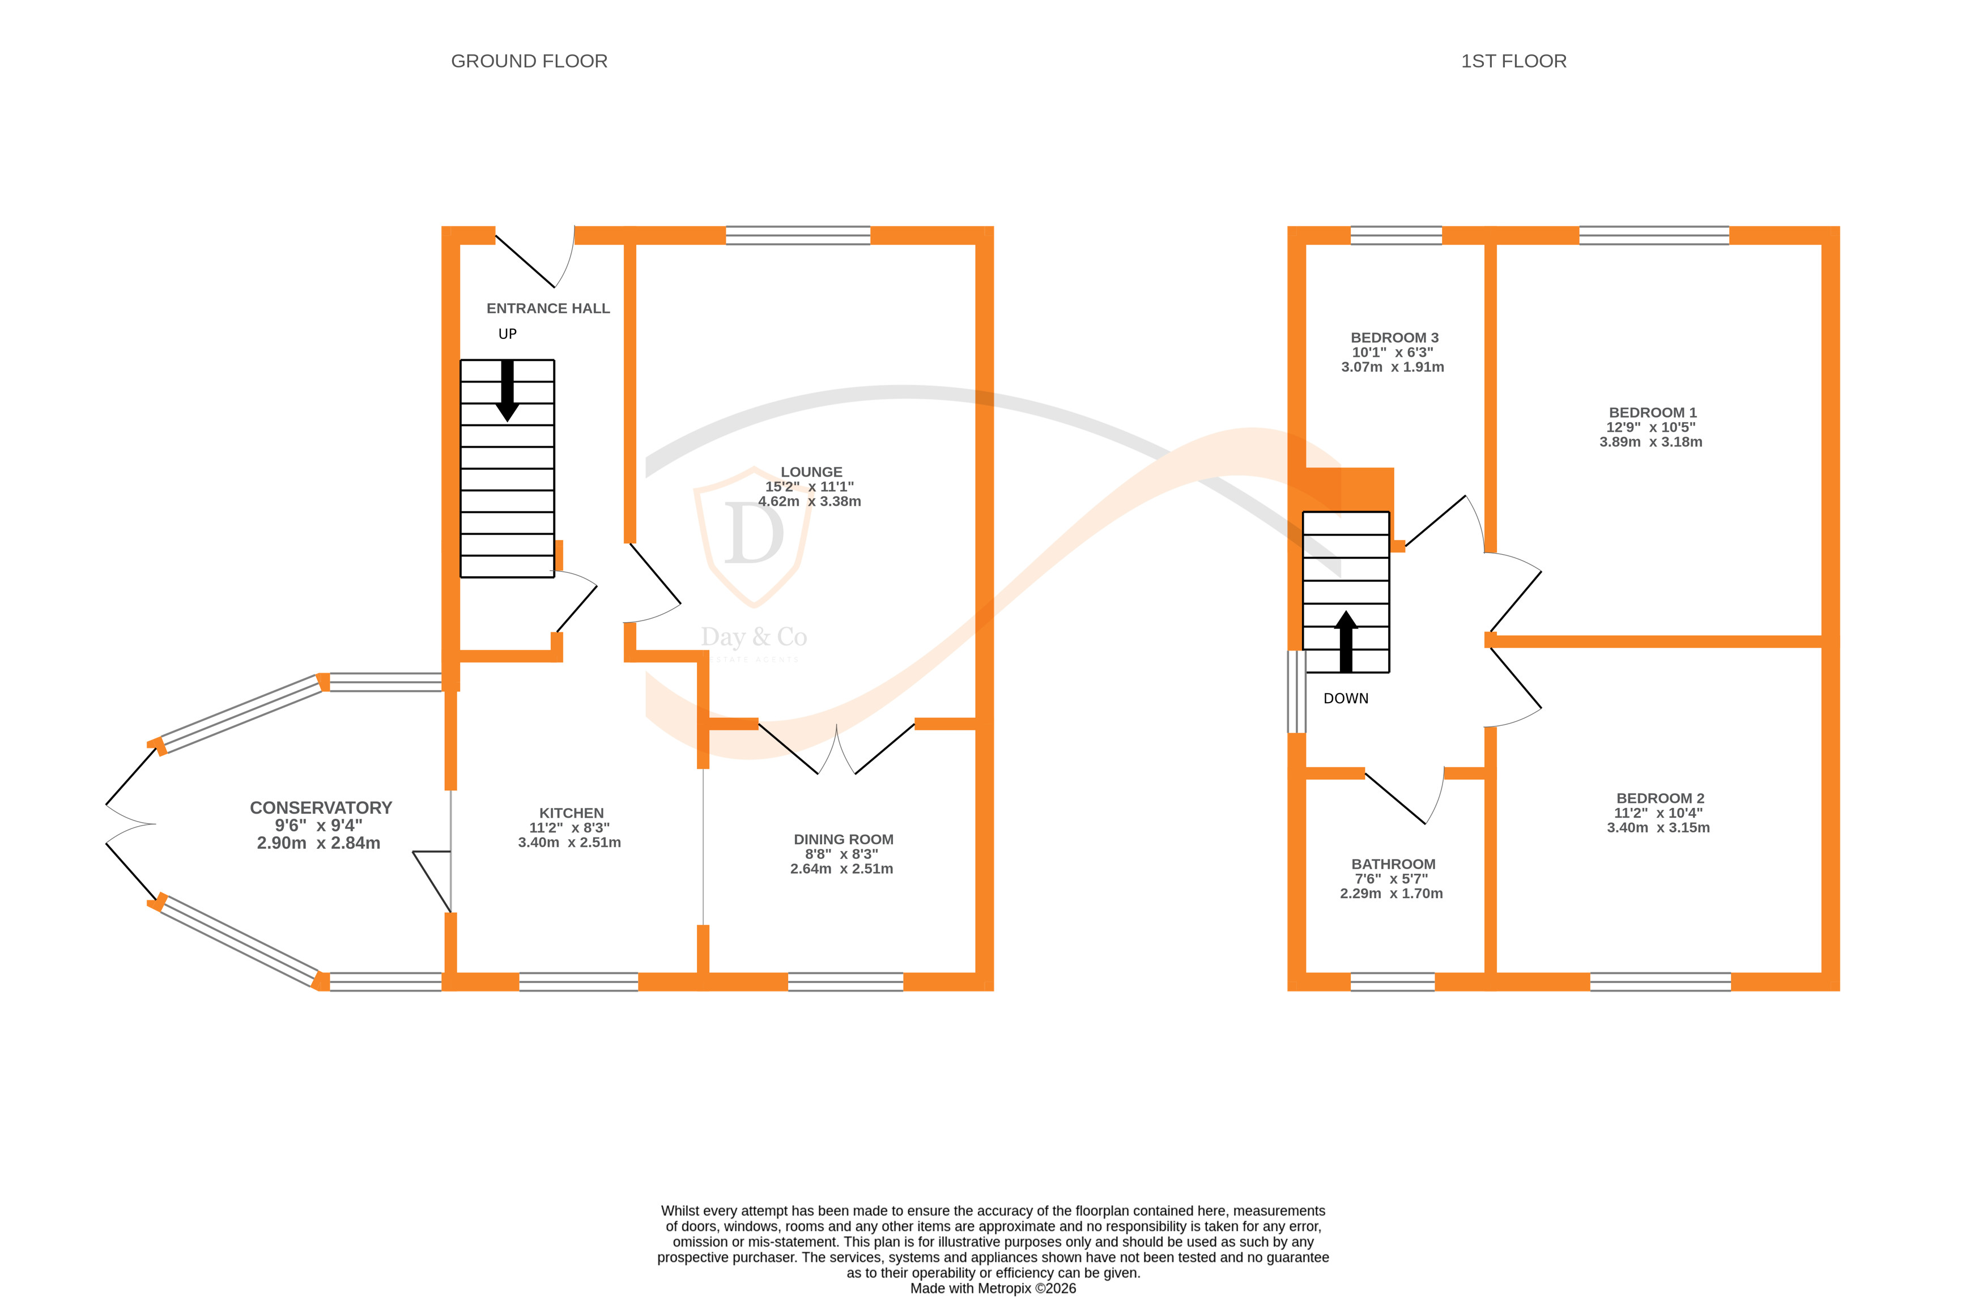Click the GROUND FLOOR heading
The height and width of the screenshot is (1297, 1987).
(x=529, y=61)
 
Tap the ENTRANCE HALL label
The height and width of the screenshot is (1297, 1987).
(x=548, y=308)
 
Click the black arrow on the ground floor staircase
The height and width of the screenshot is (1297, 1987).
(x=507, y=391)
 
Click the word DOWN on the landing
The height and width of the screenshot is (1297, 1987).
(x=1345, y=698)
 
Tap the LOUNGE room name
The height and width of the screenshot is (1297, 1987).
(x=811, y=472)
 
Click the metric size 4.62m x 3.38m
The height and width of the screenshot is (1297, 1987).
(x=809, y=501)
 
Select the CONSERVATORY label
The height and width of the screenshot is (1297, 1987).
(x=321, y=807)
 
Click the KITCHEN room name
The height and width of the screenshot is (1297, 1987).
(x=571, y=813)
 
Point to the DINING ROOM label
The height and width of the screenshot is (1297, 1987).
(x=843, y=839)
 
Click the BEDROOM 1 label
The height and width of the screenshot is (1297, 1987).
(x=1652, y=413)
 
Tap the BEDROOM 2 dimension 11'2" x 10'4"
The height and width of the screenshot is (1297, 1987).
(x=1658, y=813)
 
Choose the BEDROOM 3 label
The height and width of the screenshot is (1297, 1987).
(x=1394, y=337)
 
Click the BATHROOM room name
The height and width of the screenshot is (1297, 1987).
(x=1393, y=865)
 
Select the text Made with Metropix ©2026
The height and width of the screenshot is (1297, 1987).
(x=993, y=1288)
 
